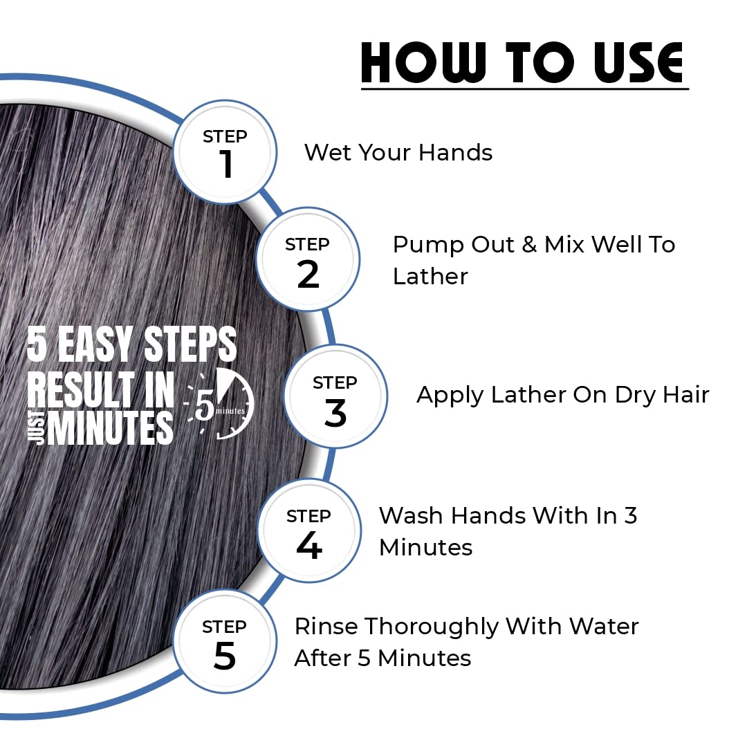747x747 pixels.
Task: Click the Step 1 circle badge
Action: click(225, 152)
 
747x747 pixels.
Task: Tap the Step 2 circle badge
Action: click(308, 259)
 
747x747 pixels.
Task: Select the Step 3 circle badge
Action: click(335, 396)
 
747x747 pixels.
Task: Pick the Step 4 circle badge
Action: click(309, 531)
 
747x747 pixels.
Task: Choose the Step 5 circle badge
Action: click(225, 640)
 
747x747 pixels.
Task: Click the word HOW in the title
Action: click(424, 62)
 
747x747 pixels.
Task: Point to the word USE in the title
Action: click(638, 62)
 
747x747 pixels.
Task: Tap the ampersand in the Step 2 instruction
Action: click(529, 245)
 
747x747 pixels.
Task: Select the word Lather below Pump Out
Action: click(430, 276)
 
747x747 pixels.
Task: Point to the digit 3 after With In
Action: click(630, 516)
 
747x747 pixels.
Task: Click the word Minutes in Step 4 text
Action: click(426, 547)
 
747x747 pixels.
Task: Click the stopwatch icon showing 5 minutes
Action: click(221, 404)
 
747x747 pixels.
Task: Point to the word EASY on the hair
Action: click(95, 344)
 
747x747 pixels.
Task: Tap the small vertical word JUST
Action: click(37, 428)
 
